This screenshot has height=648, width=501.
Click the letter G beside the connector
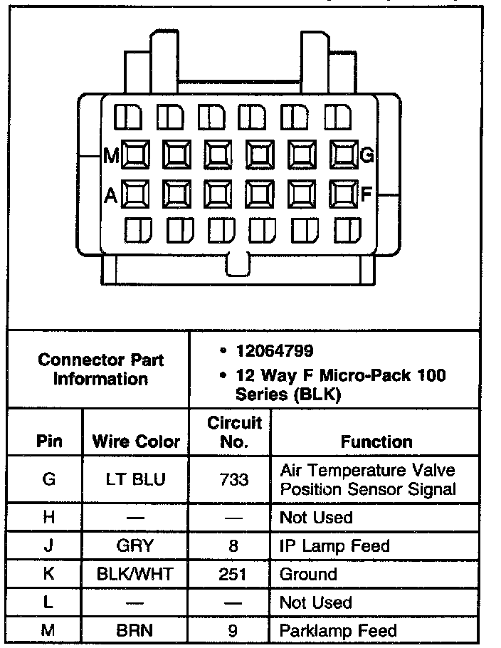pos(367,155)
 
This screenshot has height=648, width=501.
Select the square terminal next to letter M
pos(135,154)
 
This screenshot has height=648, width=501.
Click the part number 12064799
pos(275,351)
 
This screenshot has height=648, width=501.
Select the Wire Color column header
pos(136,441)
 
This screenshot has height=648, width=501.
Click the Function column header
pos(376,441)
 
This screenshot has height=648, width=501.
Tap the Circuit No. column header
pos(234,432)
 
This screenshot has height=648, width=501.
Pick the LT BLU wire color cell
pos(136,479)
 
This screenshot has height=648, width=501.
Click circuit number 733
pos(234,479)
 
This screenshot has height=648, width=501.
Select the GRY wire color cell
pos(136,546)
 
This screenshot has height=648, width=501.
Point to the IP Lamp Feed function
pos(334,546)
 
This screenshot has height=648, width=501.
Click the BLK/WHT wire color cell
pos(136,574)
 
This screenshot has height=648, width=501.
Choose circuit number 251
pos(234,574)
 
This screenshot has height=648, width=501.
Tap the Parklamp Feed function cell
pos(338,630)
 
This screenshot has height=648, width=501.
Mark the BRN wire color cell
pos(136,630)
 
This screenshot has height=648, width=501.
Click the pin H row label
pos(48,518)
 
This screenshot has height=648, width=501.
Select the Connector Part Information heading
pos(100,369)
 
